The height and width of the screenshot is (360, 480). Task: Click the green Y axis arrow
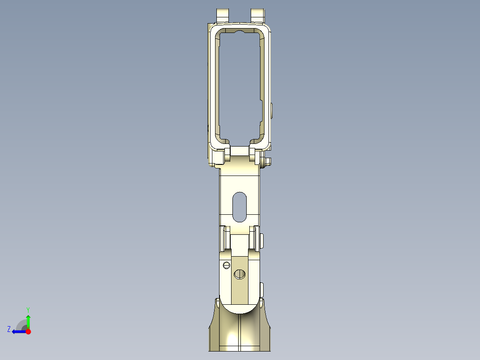28,321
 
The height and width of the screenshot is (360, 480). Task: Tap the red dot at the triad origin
28,331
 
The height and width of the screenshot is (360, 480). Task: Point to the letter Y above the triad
28,309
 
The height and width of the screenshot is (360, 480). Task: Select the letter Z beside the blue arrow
9,329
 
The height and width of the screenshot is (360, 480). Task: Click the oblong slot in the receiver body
240,207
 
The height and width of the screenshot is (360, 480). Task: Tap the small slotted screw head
226,266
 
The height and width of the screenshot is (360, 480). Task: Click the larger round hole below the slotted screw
240,274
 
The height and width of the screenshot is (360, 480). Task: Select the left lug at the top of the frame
222,14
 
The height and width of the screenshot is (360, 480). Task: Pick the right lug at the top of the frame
257,14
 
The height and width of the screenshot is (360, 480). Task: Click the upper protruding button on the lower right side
262,241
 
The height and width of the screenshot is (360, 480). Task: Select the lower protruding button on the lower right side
262,289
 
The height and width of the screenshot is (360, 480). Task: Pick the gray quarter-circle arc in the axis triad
21,325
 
